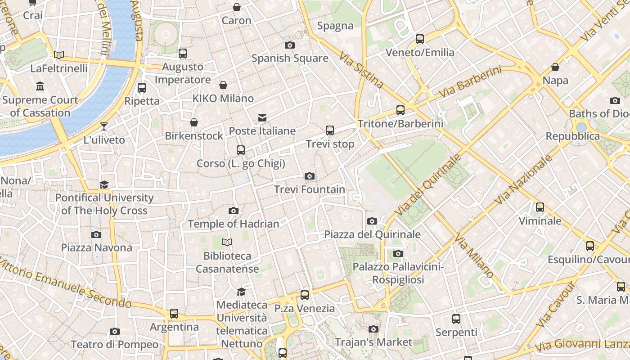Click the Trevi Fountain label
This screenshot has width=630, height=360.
[x=310, y=189]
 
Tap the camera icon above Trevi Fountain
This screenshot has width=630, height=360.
[x=310, y=176]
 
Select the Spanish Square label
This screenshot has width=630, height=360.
[x=290, y=58]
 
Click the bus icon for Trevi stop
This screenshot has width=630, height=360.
[x=330, y=130]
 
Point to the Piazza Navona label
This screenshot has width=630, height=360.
[x=97, y=247]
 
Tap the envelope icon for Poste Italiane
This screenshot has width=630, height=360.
[x=262, y=118]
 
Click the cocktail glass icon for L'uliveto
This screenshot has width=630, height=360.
[x=104, y=126]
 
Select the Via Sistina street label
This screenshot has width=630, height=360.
[x=361, y=70]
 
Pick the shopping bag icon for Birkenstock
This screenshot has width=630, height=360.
[x=194, y=122]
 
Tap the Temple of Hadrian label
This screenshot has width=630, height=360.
[x=234, y=224]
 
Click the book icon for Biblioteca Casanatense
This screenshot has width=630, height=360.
[x=227, y=243]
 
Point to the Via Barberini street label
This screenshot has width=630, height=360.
[x=470, y=82]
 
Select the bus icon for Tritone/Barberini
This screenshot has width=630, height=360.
[x=400, y=110]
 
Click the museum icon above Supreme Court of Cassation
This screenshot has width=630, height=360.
[x=40, y=86]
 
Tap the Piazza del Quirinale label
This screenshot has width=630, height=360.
[x=373, y=234]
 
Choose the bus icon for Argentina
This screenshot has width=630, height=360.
[x=174, y=313]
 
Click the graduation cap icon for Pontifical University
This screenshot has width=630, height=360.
[x=104, y=184]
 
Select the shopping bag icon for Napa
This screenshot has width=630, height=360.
[x=555, y=67]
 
